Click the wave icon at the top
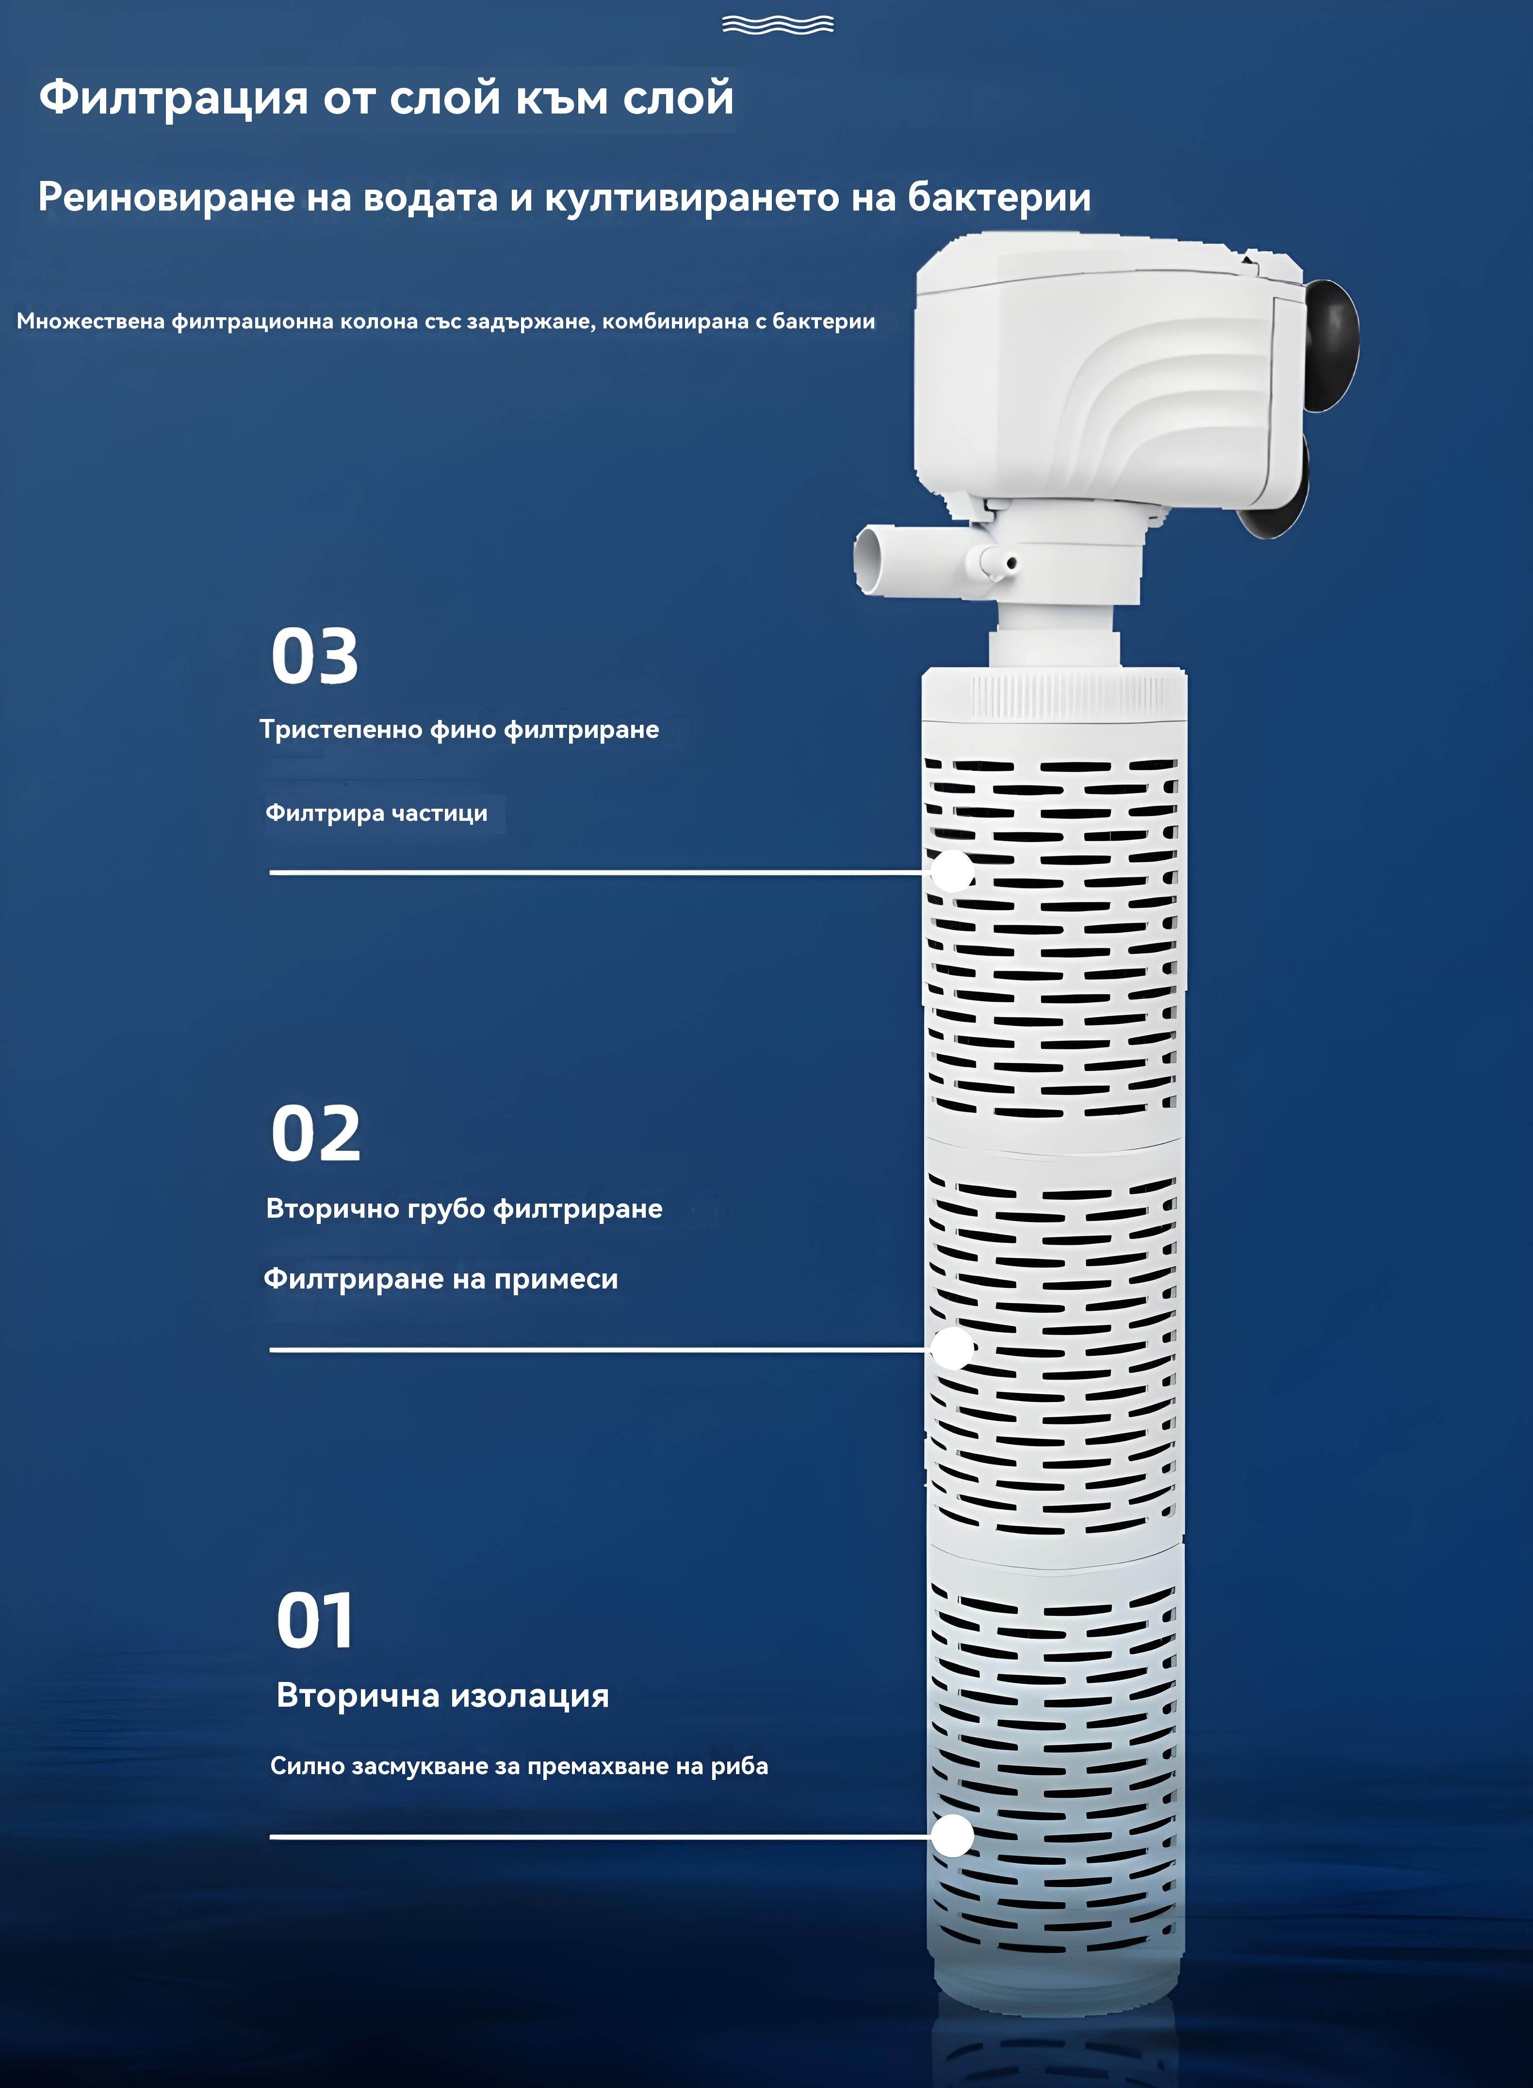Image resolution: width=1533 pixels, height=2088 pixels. point(778,25)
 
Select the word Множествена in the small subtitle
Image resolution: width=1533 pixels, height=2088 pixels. point(91,321)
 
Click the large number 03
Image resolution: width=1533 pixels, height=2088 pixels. point(314,656)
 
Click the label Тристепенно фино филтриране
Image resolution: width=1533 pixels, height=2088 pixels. point(459,730)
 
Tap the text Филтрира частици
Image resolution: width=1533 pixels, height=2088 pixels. point(377,813)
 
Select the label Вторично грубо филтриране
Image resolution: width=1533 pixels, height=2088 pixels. point(464,1208)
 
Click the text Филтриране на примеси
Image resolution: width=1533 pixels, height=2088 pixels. point(441,1279)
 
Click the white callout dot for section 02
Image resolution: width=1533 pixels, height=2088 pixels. point(952,1348)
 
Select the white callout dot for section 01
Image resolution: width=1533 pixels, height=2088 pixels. point(952,1836)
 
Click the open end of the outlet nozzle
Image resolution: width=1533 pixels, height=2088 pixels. point(868,559)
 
